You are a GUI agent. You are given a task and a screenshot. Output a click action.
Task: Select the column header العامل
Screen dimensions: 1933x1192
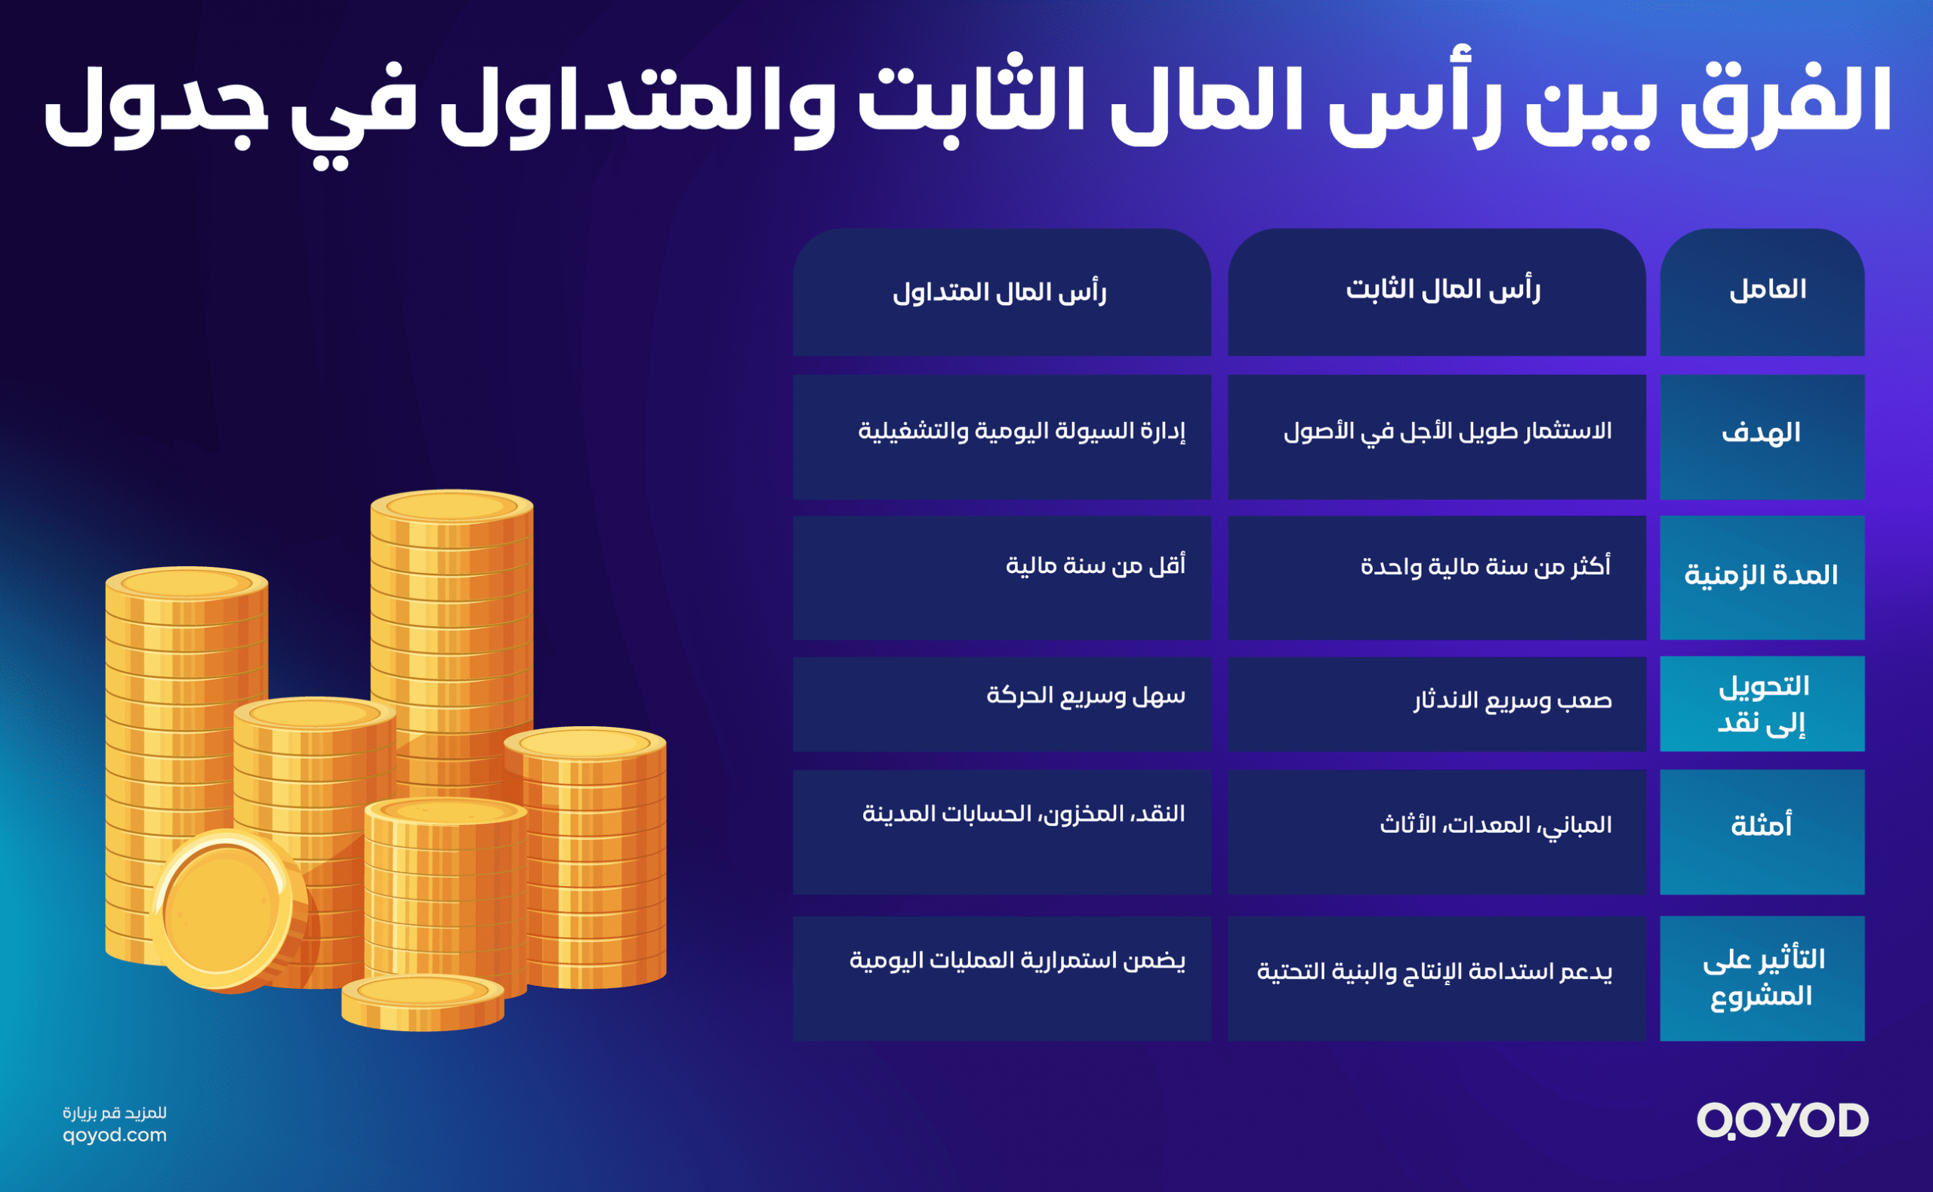pos(1768,289)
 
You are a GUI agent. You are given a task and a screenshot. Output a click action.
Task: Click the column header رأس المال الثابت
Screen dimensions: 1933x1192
pos(1443,289)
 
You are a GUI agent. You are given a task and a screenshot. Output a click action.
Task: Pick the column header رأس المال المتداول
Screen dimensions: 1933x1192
pos(1000,292)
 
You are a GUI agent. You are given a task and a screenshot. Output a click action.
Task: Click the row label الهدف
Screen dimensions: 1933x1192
pos(1761,432)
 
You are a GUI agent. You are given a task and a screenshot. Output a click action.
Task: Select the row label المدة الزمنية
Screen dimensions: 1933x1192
pos(1761,574)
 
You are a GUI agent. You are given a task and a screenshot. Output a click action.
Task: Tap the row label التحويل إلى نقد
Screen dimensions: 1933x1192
pos(1762,704)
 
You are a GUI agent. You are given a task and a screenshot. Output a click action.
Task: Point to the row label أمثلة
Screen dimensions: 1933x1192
pos(1761,824)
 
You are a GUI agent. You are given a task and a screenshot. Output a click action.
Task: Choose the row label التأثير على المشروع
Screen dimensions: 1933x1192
pos(1764,978)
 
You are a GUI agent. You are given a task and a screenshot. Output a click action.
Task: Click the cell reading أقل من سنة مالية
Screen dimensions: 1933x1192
pos(1095,565)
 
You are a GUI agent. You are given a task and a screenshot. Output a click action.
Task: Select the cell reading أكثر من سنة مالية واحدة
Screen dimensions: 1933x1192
pos(1485,566)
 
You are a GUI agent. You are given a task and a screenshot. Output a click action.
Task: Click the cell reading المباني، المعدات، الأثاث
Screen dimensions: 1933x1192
pos(1496,824)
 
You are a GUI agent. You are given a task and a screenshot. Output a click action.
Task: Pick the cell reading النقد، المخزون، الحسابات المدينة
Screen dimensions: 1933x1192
pos(1023,813)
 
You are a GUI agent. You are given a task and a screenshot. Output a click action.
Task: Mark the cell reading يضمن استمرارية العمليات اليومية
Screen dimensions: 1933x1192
pos(1017,960)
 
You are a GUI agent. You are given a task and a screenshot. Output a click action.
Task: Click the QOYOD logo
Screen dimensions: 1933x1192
pos(1783,1120)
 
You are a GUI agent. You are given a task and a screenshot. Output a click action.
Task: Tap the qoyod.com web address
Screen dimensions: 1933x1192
pos(114,1135)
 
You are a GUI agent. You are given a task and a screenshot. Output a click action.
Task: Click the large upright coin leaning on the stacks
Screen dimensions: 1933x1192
pos(227,911)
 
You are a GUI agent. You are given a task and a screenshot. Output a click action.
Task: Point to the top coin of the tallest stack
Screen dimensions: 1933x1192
pos(452,505)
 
